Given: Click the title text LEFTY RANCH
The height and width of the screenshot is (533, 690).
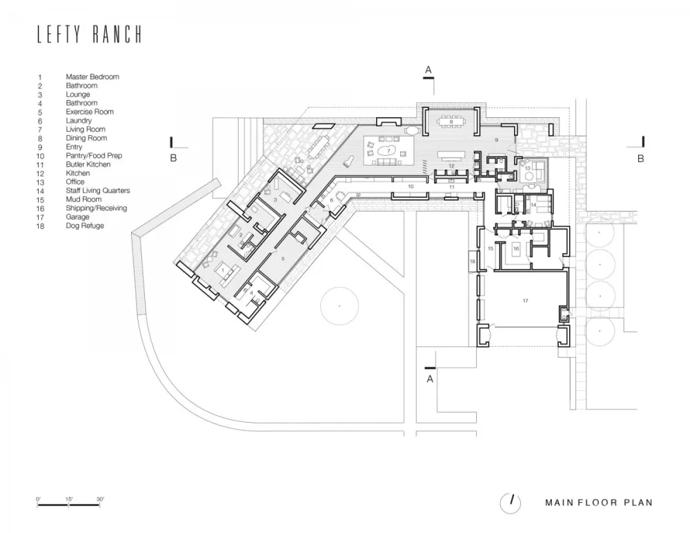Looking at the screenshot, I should click(x=90, y=35).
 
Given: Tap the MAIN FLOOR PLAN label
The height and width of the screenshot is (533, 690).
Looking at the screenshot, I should click(x=598, y=503).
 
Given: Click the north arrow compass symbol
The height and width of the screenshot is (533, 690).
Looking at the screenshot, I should click(x=511, y=503).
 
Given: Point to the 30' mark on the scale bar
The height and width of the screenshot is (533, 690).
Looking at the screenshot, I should click(x=101, y=499).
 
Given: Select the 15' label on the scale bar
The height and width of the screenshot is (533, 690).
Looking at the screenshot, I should click(x=70, y=499).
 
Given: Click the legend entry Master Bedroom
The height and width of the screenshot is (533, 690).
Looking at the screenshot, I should click(x=92, y=77).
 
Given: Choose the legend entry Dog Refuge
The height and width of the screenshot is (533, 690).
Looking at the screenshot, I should click(x=85, y=225).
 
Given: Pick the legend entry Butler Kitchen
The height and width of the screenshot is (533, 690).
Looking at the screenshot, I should click(x=88, y=165).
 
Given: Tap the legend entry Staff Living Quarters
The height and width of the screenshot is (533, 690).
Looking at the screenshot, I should click(x=97, y=191).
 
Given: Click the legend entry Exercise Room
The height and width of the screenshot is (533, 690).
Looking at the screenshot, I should click(x=90, y=112).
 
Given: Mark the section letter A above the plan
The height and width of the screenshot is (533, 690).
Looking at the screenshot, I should click(x=428, y=70).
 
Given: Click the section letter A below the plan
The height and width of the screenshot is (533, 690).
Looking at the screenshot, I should click(x=430, y=379).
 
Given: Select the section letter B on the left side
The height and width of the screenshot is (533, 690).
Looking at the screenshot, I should click(x=175, y=158).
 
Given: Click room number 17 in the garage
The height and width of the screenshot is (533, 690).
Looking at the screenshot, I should click(x=525, y=301).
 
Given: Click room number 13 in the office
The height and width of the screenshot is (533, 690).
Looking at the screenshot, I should click(x=528, y=168).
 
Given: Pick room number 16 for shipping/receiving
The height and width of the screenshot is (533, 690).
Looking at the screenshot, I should click(x=515, y=248).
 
